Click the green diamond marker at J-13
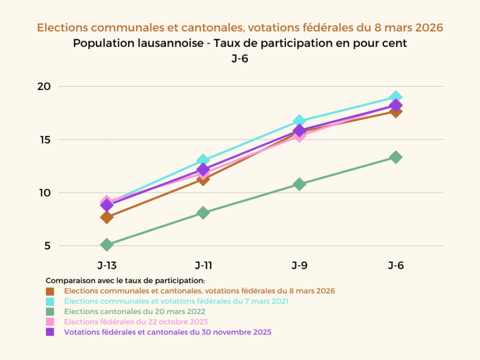pyautogui.click(x=106, y=244)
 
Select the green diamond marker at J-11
pyautogui.click(x=203, y=213)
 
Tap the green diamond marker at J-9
pyautogui.click(x=299, y=184)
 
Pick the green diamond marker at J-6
pyautogui.click(x=395, y=157)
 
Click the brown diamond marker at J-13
pyautogui.click(x=106, y=217)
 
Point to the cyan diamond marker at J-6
pyautogui.click(x=395, y=96)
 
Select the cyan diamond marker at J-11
pyautogui.click(x=203, y=160)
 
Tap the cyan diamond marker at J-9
pyautogui.click(x=299, y=120)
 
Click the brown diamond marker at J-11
pyautogui.click(x=203, y=179)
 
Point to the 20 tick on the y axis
pyautogui.click(x=44, y=86)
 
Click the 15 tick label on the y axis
pyautogui.click(x=44, y=139)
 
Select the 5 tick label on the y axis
pyautogui.click(x=47, y=246)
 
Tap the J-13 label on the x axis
pyautogui.click(x=106, y=265)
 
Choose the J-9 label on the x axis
pyautogui.click(x=299, y=265)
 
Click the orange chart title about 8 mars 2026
pyautogui.click(x=240, y=27)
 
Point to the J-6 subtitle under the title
pyautogui.click(x=240, y=58)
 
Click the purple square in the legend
pyautogui.click(x=49, y=332)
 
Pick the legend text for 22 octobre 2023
pyautogui.click(x=136, y=321)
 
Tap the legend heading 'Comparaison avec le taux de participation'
pyautogui.click(x=125, y=280)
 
